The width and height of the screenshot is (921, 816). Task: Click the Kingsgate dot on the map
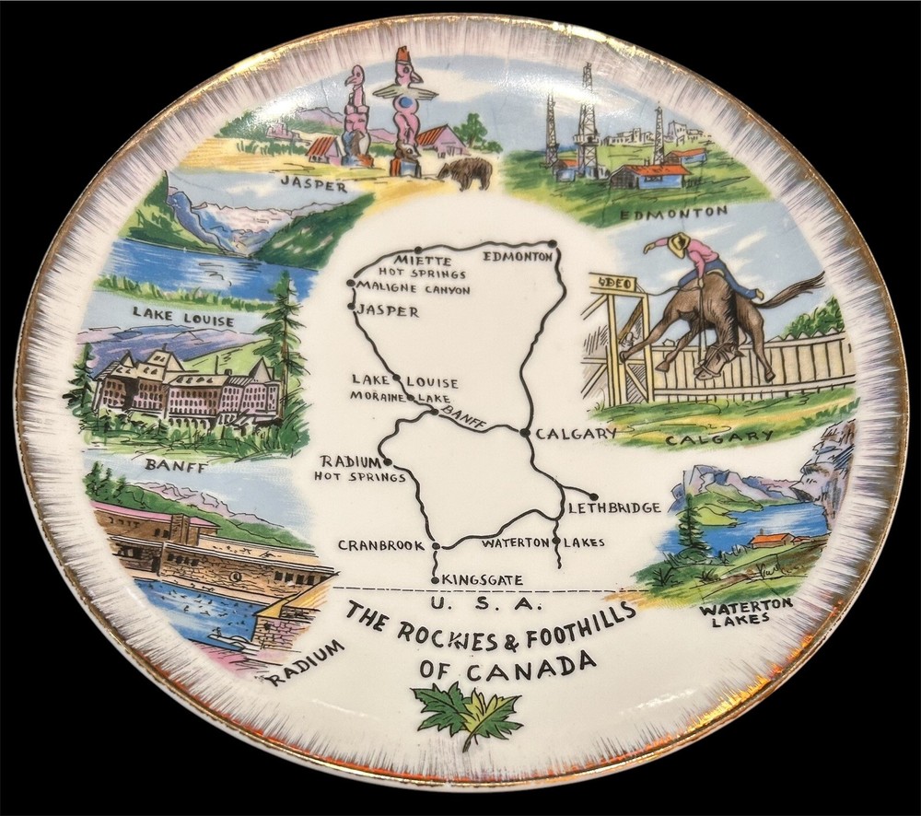click(x=435, y=579)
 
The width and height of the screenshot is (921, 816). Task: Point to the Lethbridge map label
click(x=614, y=507)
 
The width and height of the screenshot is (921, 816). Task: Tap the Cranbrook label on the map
click(x=379, y=545)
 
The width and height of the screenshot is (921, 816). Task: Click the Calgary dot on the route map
click(x=524, y=431)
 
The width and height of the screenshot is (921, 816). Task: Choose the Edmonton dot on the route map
click(x=555, y=244)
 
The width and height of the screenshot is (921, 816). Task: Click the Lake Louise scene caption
click(x=182, y=321)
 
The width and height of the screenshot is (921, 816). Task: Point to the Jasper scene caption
click(x=314, y=187)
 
